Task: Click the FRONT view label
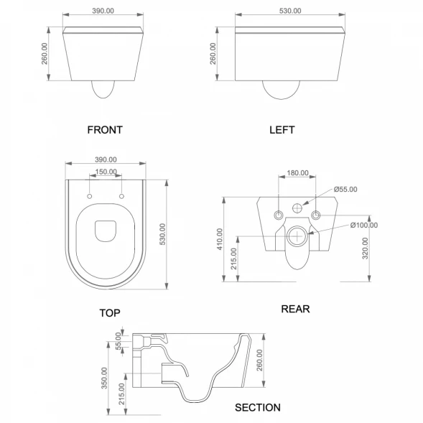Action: pos(105,130)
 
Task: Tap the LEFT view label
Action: pos(282,130)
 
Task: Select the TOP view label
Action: pos(110,313)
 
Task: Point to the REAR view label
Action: pos(295,309)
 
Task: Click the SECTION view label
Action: pos(258,407)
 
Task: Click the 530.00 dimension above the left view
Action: pos(290,11)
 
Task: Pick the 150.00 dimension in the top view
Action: pos(106,172)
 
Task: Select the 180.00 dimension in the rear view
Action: pos(297,172)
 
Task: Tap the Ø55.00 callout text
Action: pos(345,190)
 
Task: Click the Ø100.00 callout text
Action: pos(364,225)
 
